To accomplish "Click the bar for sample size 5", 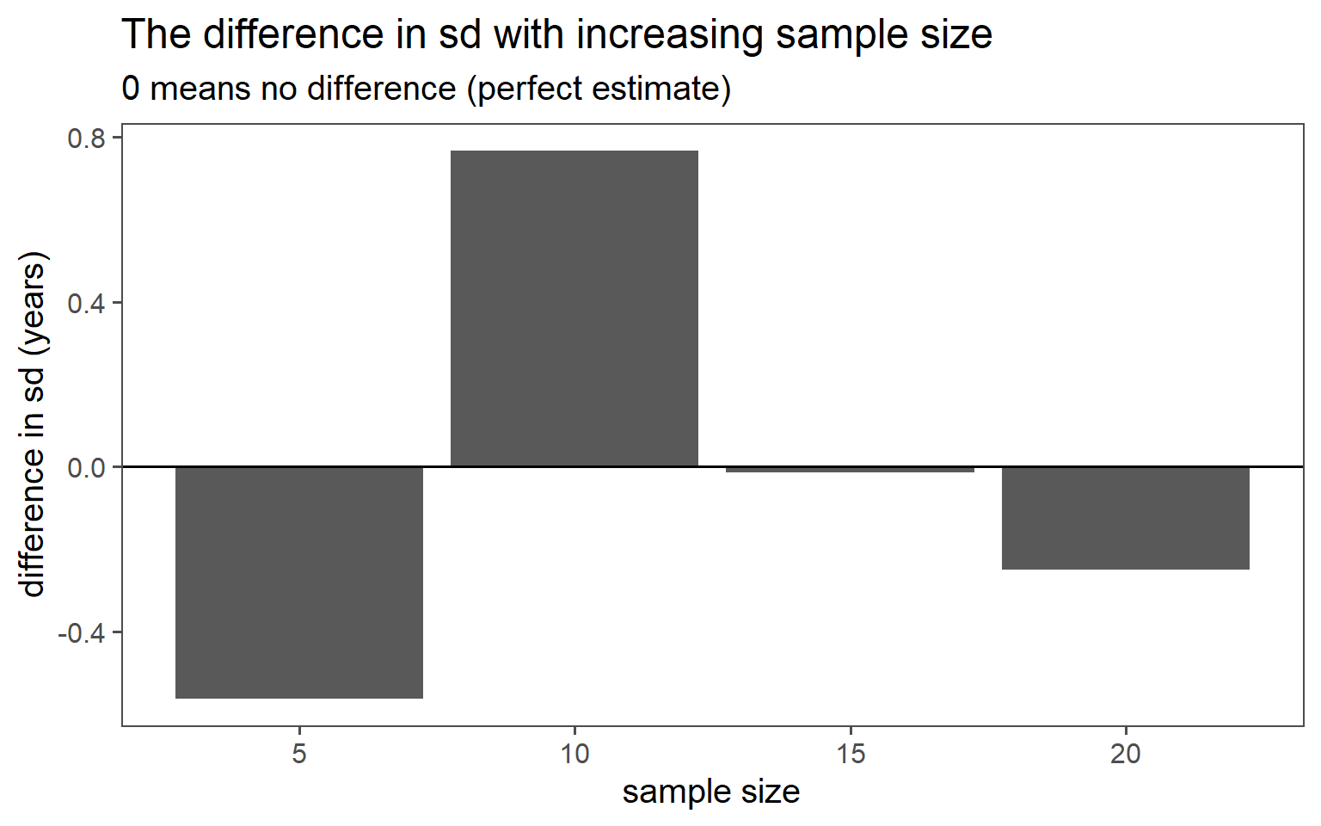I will tap(299, 582).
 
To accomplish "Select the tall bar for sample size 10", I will tap(574, 308).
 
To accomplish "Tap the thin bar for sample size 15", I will tap(850, 470).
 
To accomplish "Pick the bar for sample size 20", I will tap(1125, 518).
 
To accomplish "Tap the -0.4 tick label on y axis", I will tap(82, 632).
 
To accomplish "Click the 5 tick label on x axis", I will tap(299, 754).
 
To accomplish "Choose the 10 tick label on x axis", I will tap(574, 754).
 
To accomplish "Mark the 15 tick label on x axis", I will tap(850, 754).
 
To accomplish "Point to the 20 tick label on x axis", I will tap(1125, 754).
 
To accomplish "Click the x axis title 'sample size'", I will tap(711, 792).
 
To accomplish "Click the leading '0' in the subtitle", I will tap(131, 89).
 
